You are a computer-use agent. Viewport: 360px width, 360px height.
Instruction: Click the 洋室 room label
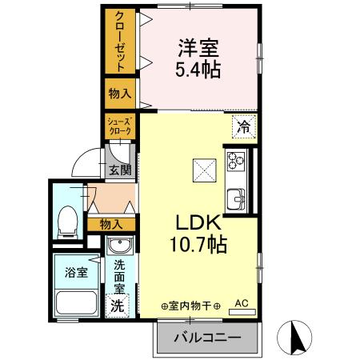pyautogui.click(x=199, y=46)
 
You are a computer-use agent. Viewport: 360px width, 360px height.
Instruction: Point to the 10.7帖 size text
pyautogui.click(x=198, y=245)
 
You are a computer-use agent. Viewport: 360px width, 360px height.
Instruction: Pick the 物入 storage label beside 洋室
pyautogui.click(x=119, y=94)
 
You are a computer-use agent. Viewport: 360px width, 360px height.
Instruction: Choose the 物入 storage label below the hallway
pyautogui.click(x=111, y=225)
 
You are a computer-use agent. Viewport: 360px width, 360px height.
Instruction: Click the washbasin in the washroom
pyautogui.click(x=119, y=246)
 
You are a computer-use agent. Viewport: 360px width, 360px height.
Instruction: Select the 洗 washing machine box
pyautogui.click(x=118, y=305)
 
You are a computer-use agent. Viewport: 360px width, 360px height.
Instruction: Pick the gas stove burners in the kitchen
pyautogui.click(x=237, y=160)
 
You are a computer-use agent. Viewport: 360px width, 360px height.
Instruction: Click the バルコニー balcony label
pyautogui.click(x=207, y=338)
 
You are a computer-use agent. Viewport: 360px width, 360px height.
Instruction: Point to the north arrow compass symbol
pyautogui.click(x=296, y=338)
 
